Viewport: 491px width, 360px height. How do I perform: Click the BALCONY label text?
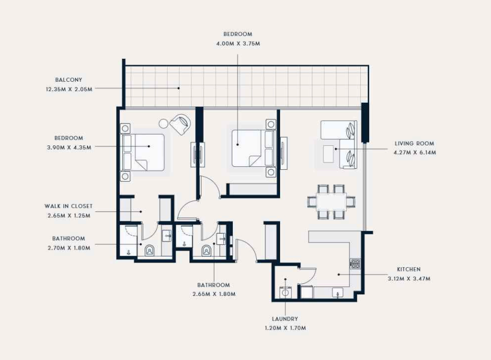coord(69,80)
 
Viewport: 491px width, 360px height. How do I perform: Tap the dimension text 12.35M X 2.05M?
coord(69,89)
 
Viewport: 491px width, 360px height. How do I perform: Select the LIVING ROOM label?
coord(414,143)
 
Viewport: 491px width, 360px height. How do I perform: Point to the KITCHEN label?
coord(409,269)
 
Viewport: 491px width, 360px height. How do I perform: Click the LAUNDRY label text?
coord(285,319)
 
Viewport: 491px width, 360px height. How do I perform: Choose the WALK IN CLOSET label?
coord(69,206)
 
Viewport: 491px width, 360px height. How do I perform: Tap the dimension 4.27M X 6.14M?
coord(414,153)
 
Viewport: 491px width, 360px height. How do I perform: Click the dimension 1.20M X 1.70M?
coord(285,328)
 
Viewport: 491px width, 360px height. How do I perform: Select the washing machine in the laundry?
coord(285,292)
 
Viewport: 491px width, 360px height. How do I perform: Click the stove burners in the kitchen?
coord(355,264)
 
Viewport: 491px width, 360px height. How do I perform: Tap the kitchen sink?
coord(337,293)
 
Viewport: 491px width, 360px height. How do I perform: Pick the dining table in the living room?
coord(331,202)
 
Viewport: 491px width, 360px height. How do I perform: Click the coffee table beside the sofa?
coord(329,154)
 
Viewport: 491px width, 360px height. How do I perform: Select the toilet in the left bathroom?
coord(149,251)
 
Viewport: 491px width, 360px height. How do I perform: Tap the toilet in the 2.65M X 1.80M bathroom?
coord(206,251)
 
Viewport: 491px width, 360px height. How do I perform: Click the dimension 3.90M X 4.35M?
coord(69,147)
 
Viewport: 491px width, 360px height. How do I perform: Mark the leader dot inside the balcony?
coord(179,89)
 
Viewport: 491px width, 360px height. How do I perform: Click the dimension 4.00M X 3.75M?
coord(238,44)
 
